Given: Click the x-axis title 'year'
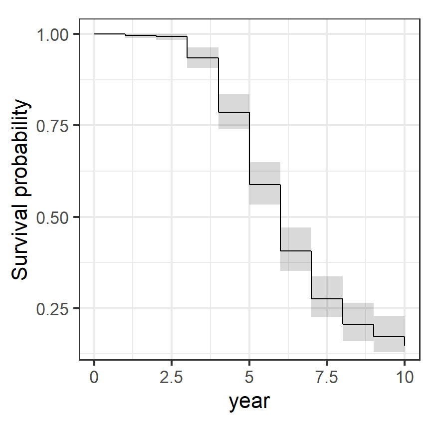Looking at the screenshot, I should (249, 402).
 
